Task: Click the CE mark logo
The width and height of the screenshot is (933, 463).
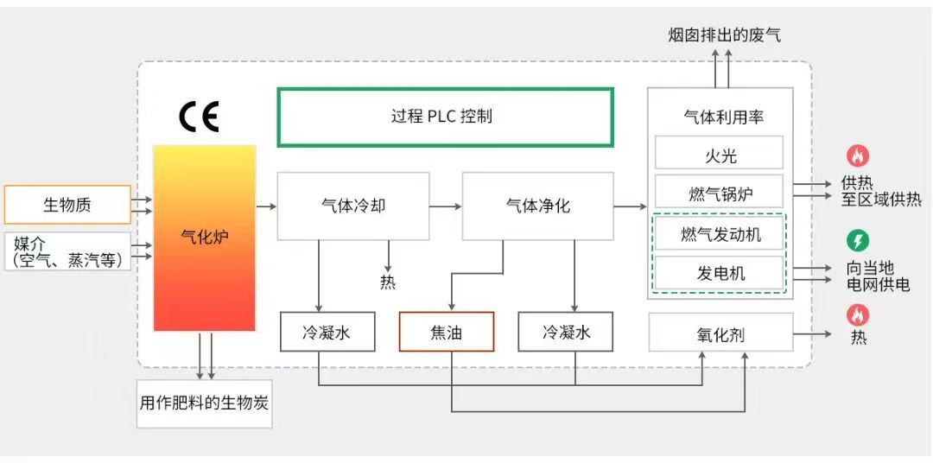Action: (199, 116)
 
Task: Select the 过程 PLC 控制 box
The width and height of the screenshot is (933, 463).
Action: (445, 117)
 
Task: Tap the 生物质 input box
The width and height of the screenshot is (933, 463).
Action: (67, 205)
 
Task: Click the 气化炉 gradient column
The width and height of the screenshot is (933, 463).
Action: (205, 238)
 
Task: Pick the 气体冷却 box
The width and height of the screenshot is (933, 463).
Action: (352, 206)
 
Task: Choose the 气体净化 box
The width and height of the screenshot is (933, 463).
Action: (537, 206)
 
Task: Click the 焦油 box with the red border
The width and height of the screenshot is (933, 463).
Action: (446, 332)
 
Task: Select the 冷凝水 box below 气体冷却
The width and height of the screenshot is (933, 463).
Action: (327, 332)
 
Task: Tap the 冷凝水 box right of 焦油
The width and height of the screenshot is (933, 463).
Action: (566, 332)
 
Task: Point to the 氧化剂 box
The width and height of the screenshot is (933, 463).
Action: (720, 333)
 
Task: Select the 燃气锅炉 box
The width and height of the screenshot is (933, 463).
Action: (719, 192)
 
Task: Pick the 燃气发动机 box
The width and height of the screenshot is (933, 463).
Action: (719, 233)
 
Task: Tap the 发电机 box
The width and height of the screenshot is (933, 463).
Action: (719, 274)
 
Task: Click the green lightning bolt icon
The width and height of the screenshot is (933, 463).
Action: (857, 240)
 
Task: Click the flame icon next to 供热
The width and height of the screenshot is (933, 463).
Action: (857, 155)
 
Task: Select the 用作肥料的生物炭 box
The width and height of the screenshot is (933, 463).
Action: (205, 403)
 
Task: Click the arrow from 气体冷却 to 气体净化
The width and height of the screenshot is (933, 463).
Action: (445, 206)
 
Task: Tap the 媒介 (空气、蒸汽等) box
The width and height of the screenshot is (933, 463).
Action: (67, 251)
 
